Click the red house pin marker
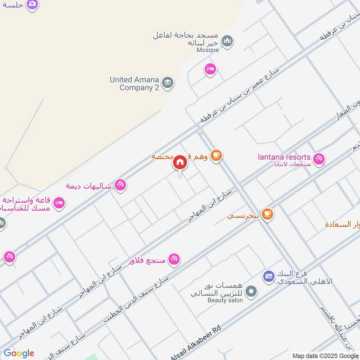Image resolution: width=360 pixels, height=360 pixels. (180, 162)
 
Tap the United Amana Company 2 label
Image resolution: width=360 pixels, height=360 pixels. (135, 84)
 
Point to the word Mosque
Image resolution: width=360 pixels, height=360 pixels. (208, 50)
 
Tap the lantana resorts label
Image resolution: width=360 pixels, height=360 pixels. (284, 157)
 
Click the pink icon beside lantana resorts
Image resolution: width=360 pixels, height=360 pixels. (319, 159)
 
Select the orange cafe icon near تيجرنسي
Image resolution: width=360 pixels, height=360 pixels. (267, 215)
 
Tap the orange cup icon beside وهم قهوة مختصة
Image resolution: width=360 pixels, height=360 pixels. (216, 156)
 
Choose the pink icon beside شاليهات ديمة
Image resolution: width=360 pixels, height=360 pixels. (120, 185)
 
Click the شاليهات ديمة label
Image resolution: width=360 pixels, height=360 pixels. (88, 185)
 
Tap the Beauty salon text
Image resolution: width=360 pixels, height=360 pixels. (225, 300)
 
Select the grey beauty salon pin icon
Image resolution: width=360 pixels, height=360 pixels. (252, 292)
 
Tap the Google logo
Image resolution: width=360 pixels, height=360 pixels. (19, 353)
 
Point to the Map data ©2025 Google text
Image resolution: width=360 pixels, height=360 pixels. (325, 355)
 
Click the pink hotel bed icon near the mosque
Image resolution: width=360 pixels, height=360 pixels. (210, 69)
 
